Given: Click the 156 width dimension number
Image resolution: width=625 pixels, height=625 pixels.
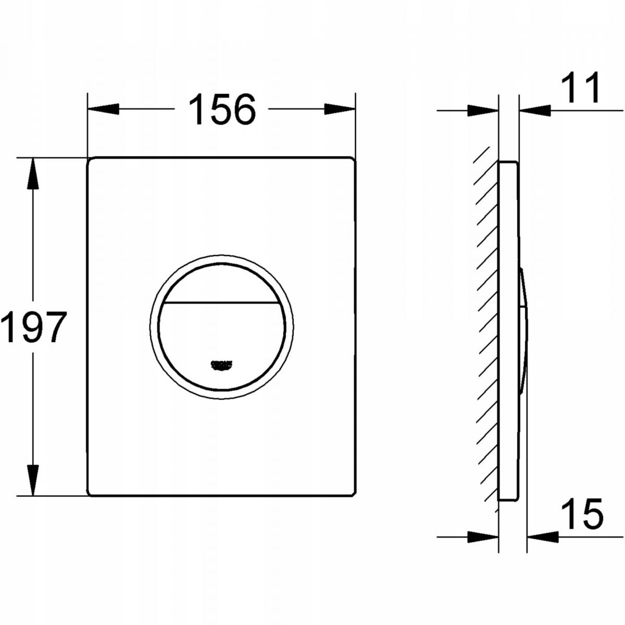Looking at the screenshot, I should tap(222, 109).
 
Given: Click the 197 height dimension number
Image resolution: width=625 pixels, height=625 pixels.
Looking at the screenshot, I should tap(33, 327).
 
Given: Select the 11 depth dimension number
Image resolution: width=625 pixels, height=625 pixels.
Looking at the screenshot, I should tap(580, 89).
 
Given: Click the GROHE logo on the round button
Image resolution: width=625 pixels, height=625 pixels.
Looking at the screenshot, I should tap(221, 365).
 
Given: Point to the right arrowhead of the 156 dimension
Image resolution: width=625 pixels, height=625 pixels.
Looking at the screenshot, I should tap(340, 109).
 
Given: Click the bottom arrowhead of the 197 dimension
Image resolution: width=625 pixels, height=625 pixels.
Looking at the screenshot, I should tap(33, 479).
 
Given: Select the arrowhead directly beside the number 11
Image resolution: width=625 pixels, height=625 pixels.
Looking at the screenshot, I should tap(535, 110).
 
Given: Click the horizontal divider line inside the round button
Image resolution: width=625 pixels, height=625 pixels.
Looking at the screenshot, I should tap(221, 303).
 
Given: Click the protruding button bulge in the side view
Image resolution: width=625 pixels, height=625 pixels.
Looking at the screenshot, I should tap(523, 328).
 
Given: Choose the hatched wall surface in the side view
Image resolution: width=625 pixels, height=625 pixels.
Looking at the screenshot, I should tap(487, 328).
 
